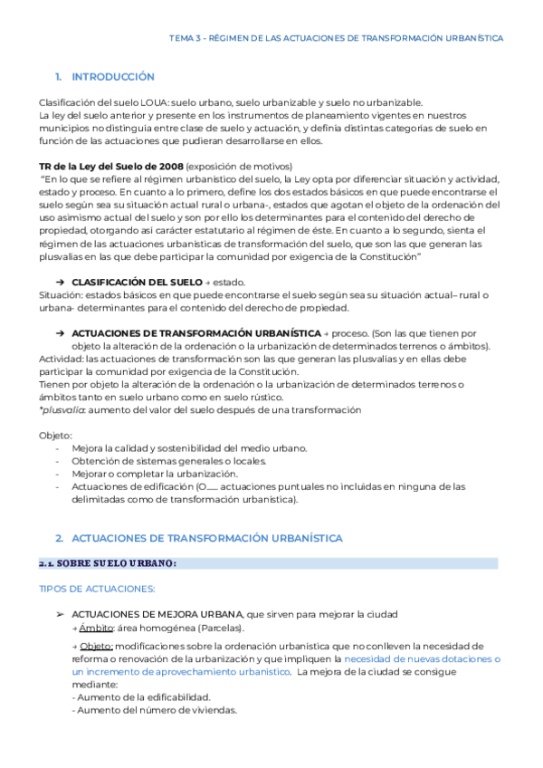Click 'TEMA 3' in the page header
tap(186, 38)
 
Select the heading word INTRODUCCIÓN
tap(112, 77)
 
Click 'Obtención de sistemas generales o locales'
tap(168, 461)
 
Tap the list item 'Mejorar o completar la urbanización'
tap(155, 474)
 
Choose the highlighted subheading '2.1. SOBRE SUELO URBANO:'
tap(108, 563)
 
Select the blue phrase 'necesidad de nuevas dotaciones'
tap(422, 660)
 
